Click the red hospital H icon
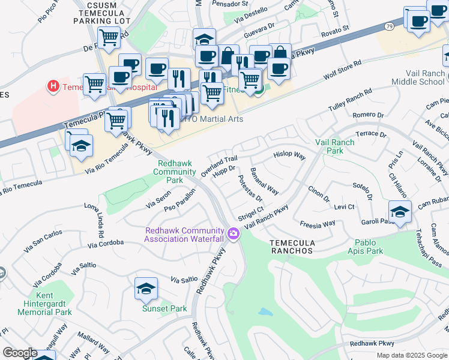(x=54, y=86)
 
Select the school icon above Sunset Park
(x=146, y=289)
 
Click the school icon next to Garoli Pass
(x=400, y=212)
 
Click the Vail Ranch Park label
(x=337, y=147)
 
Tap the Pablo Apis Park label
(x=366, y=247)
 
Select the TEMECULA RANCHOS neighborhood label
(x=291, y=247)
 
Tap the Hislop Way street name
(x=289, y=155)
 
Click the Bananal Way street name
(x=264, y=182)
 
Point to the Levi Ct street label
(x=344, y=207)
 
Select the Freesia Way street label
(x=318, y=224)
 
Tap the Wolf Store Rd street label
(x=343, y=70)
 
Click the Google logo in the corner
(x=20, y=353)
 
